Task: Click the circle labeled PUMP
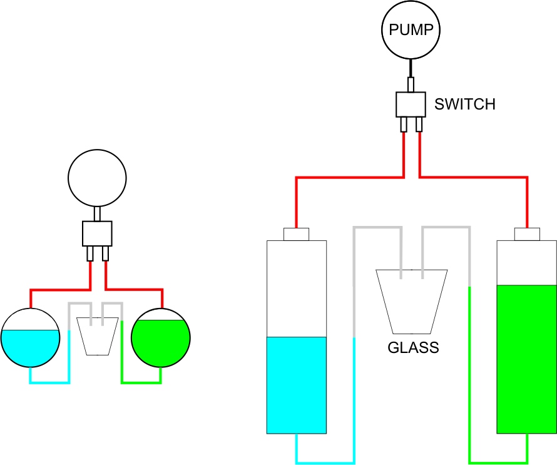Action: click(x=411, y=30)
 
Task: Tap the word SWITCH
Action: click(x=465, y=105)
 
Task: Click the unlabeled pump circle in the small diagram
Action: click(x=97, y=178)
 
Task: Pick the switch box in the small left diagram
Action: click(x=97, y=233)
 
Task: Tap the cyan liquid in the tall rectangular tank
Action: click(x=297, y=385)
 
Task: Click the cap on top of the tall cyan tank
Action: click(x=297, y=235)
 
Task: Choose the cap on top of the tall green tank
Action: click(x=527, y=234)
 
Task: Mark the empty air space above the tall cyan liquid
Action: click(x=297, y=288)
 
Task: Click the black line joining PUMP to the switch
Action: click(x=411, y=68)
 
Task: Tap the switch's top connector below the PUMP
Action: click(x=411, y=84)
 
